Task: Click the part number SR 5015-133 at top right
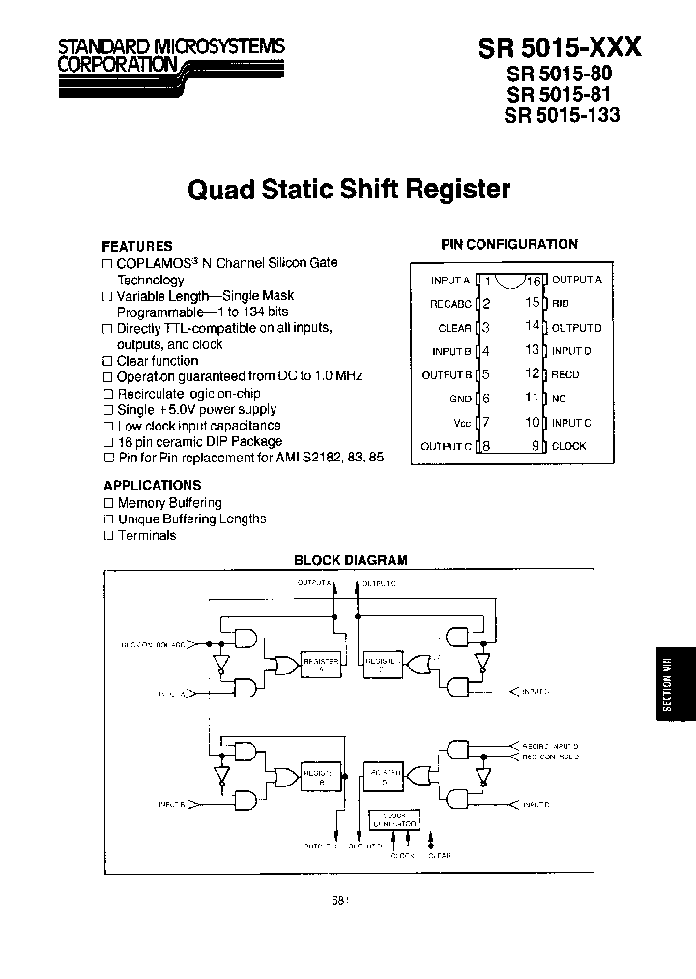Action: click(562, 114)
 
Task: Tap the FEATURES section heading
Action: click(137, 246)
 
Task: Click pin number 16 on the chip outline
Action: click(533, 281)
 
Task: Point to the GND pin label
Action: click(460, 399)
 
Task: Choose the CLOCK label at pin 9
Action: click(569, 446)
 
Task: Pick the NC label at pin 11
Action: click(559, 399)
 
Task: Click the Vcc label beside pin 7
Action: click(462, 423)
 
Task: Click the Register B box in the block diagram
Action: click(320, 777)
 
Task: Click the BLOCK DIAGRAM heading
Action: click(350, 559)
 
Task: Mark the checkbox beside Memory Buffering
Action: click(108, 504)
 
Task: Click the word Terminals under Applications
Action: click(146, 536)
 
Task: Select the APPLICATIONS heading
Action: click(152, 486)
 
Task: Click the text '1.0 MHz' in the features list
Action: click(333, 376)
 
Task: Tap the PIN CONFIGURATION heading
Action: click(509, 245)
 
